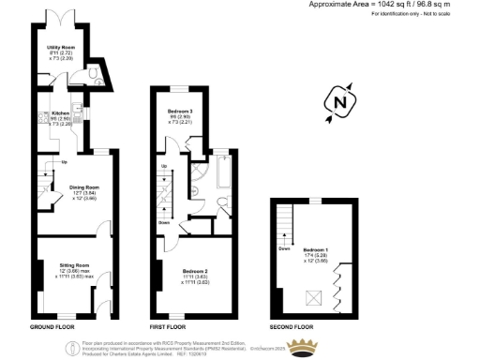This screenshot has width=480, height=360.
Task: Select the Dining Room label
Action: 84,187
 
